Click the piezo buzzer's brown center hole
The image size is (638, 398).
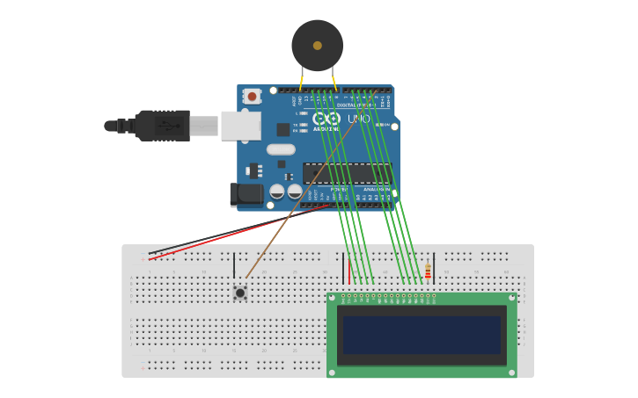click(x=318, y=45)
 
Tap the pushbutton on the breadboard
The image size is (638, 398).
click(x=239, y=293)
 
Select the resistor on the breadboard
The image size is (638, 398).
click(x=428, y=271)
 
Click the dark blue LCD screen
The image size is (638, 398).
click(x=422, y=335)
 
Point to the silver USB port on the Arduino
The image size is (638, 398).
click(x=240, y=126)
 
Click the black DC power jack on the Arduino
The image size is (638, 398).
click(x=246, y=194)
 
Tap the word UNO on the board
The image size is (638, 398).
click(x=358, y=119)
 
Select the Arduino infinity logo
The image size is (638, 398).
click(x=326, y=118)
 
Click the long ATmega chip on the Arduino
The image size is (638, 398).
click(x=345, y=173)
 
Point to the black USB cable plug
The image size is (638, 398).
click(x=163, y=126)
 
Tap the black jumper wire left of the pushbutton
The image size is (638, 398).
click(x=234, y=265)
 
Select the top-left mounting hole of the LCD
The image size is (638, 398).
click(x=332, y=299)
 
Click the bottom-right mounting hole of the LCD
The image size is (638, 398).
click(x=511, y=373)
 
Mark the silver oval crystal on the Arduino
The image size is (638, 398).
click(x=281, y=149)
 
